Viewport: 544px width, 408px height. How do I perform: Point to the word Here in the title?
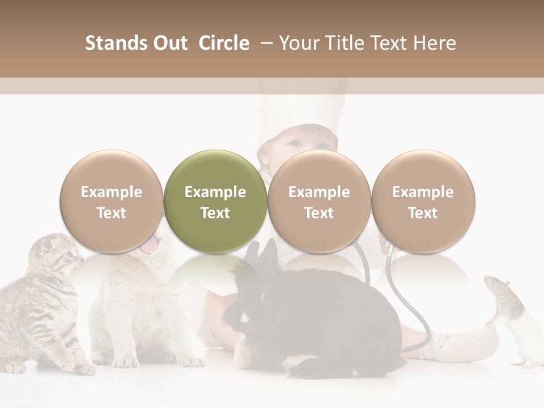point(435,43)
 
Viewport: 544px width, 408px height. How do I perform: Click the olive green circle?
point(215,202)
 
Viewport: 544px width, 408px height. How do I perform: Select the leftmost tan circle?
point(111,202)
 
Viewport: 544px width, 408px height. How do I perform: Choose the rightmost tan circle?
point(423,202)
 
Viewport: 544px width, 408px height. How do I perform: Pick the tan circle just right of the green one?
point(319,202)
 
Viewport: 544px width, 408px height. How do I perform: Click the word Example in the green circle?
point(215,192)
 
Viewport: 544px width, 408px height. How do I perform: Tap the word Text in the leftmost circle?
point(111,213)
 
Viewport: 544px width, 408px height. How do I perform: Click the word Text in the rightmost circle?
point(423,213)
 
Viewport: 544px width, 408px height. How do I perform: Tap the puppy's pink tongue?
point(150,245)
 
